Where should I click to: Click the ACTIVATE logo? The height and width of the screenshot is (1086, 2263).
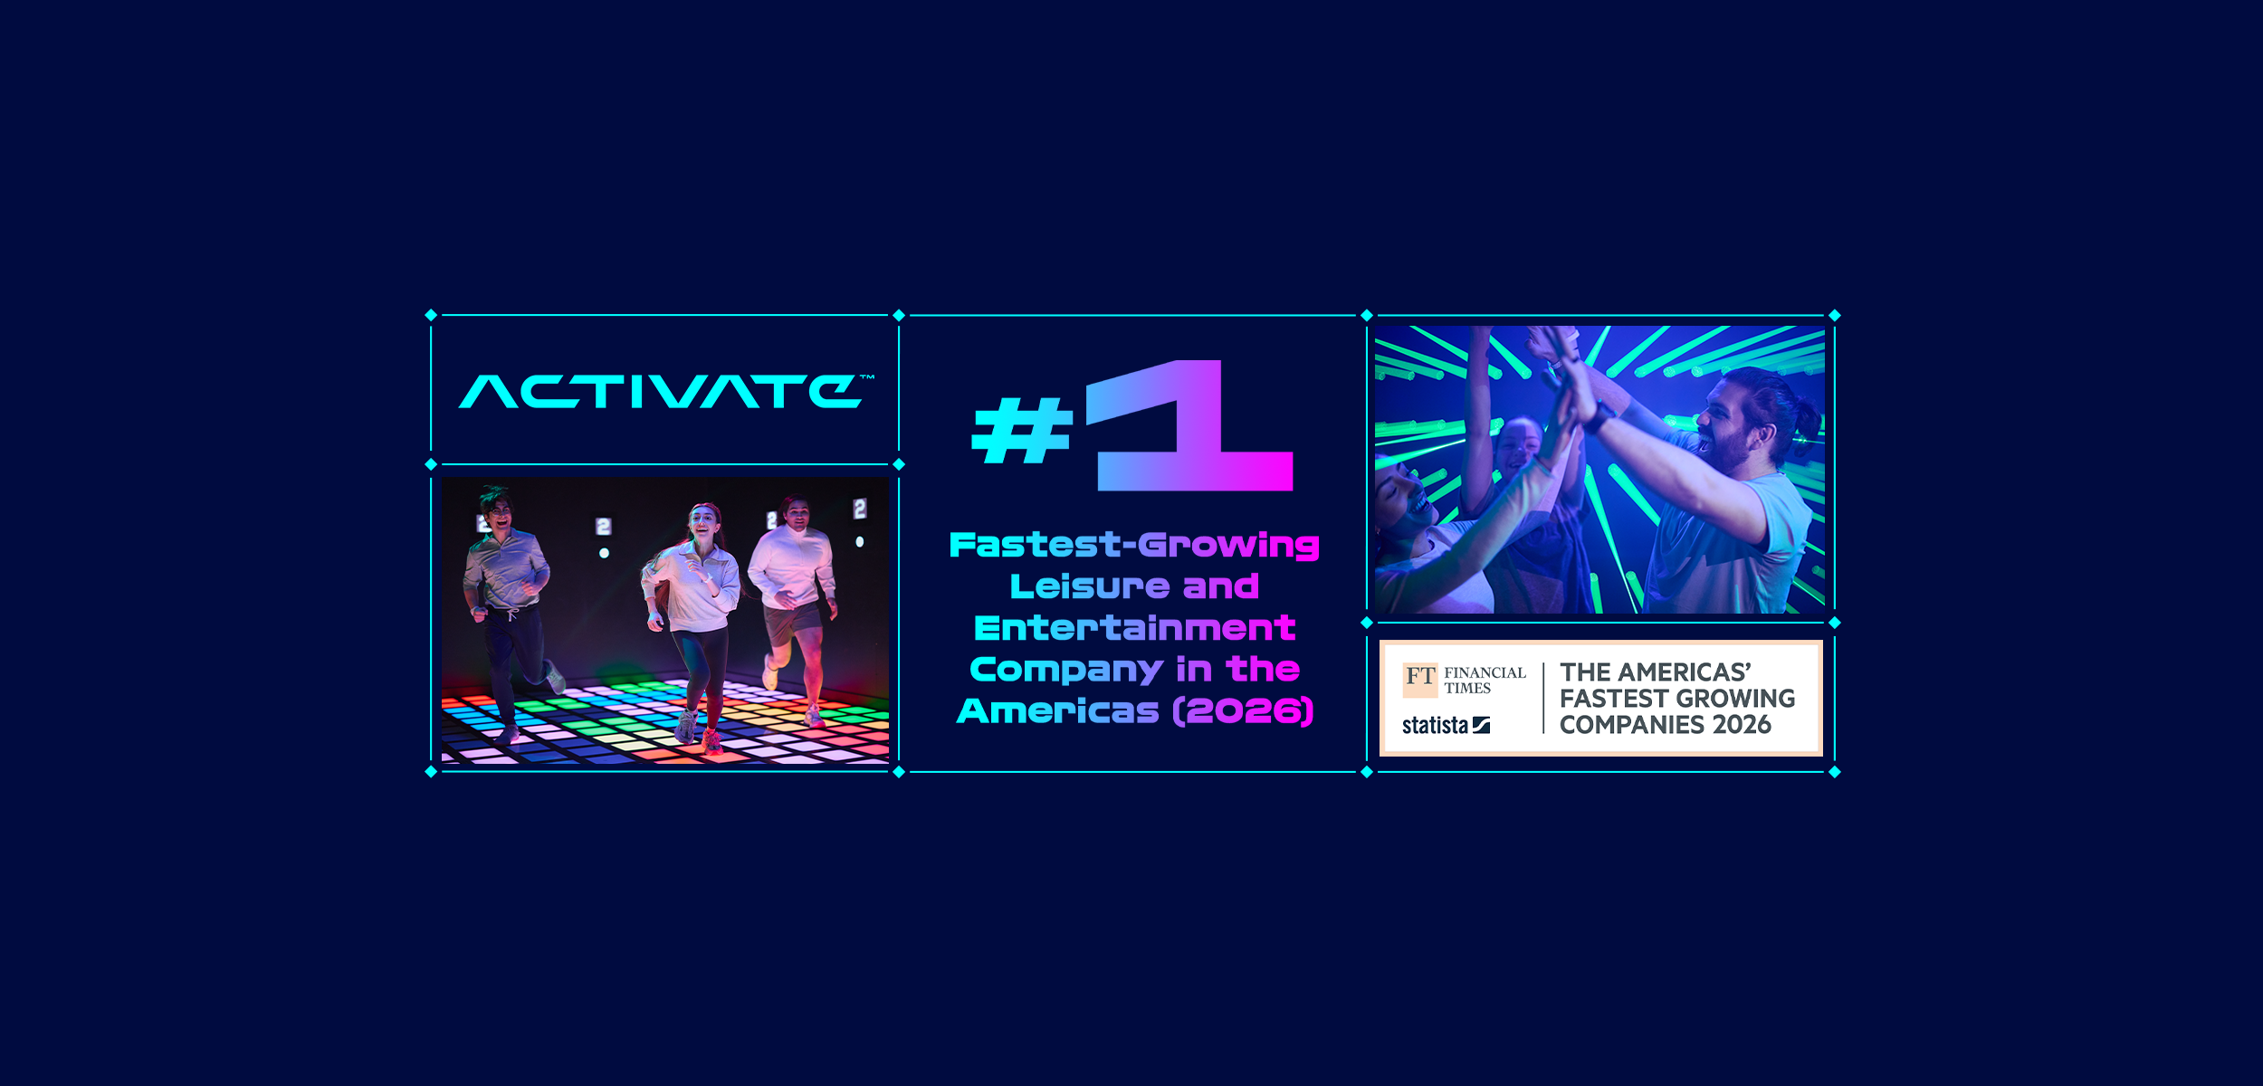(x=664, y=392)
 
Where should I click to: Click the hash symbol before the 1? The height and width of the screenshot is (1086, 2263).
(x=1021, y=432)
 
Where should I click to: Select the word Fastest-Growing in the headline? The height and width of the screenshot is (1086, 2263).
(x=1134, y=545)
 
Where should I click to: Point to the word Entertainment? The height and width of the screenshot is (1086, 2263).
(x=1134, y=628)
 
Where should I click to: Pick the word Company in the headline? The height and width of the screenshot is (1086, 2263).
(x=1065, y=670)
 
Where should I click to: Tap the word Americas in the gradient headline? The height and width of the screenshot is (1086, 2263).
(x=1057, y=711)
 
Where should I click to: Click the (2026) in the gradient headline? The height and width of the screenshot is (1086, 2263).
(x=1243, y=711)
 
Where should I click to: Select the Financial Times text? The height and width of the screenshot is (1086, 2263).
(x=1485, y=680)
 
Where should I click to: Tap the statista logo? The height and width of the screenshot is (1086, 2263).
(x=1445, y=725)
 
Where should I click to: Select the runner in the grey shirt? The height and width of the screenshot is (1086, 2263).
(x=507, y=597)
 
